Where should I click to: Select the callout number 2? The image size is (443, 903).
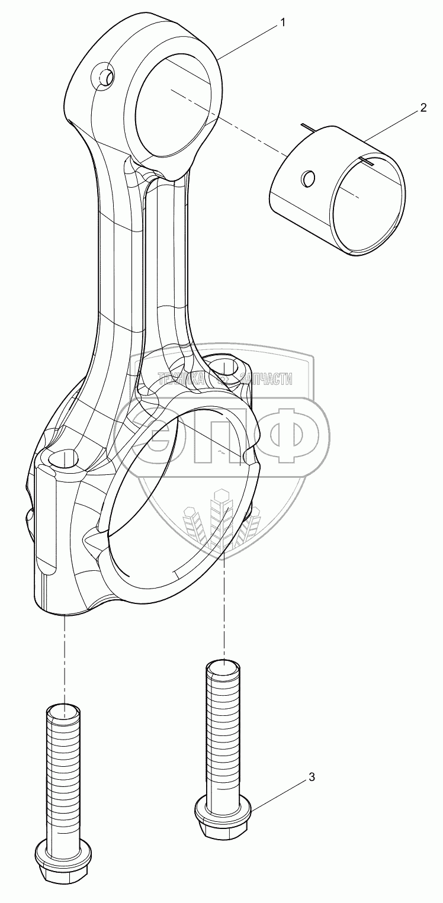click(423, 108)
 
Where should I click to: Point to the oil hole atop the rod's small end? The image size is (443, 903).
click(104, 77)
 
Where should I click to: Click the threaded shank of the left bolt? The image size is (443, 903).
click(62, 770)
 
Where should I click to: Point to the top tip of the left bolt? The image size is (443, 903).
click(62, 710)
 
